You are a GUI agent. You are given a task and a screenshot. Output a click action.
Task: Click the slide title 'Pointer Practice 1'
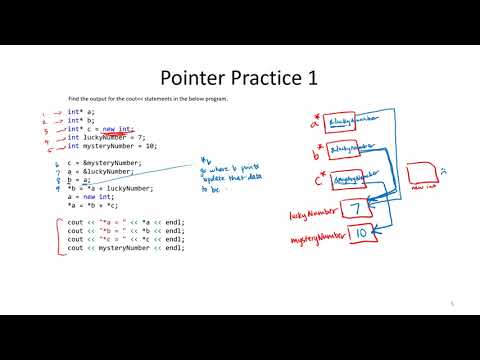[x=239, y=79]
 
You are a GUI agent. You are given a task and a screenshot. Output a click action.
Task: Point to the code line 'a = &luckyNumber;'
[x=101, y=171]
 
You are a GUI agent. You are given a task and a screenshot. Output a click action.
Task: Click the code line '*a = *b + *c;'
[x=89, y=205]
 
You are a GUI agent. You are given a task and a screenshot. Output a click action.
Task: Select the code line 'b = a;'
[x=79, y=179]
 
